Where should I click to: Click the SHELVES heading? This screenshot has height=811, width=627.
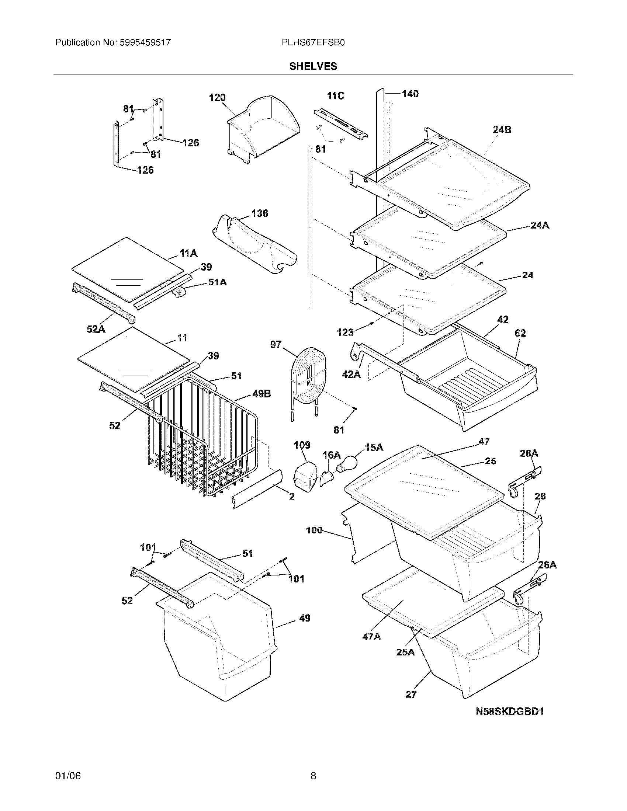pos(313,66)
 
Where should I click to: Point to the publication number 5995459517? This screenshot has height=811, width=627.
pos(145,43)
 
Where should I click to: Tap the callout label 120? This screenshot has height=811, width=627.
pos(217,98)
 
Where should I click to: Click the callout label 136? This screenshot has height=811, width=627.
pos(259,213)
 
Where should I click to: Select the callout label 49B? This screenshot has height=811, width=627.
pos(261,394)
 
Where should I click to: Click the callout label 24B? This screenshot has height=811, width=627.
pos(502,130)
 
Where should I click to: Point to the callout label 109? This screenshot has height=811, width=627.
pos(302,445)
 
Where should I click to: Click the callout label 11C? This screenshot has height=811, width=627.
pos(335,96)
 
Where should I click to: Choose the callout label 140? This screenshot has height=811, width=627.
pos(410,94)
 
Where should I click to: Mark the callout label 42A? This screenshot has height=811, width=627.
pos(351,374)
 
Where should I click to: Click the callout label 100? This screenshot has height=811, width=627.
pos(314,530)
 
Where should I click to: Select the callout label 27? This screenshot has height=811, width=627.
pos(411,695)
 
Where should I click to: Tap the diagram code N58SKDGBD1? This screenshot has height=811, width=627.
pos(510,711)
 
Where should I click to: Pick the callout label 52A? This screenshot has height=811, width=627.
pos(96,329)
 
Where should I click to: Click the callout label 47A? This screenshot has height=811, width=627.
pos(372,637)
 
